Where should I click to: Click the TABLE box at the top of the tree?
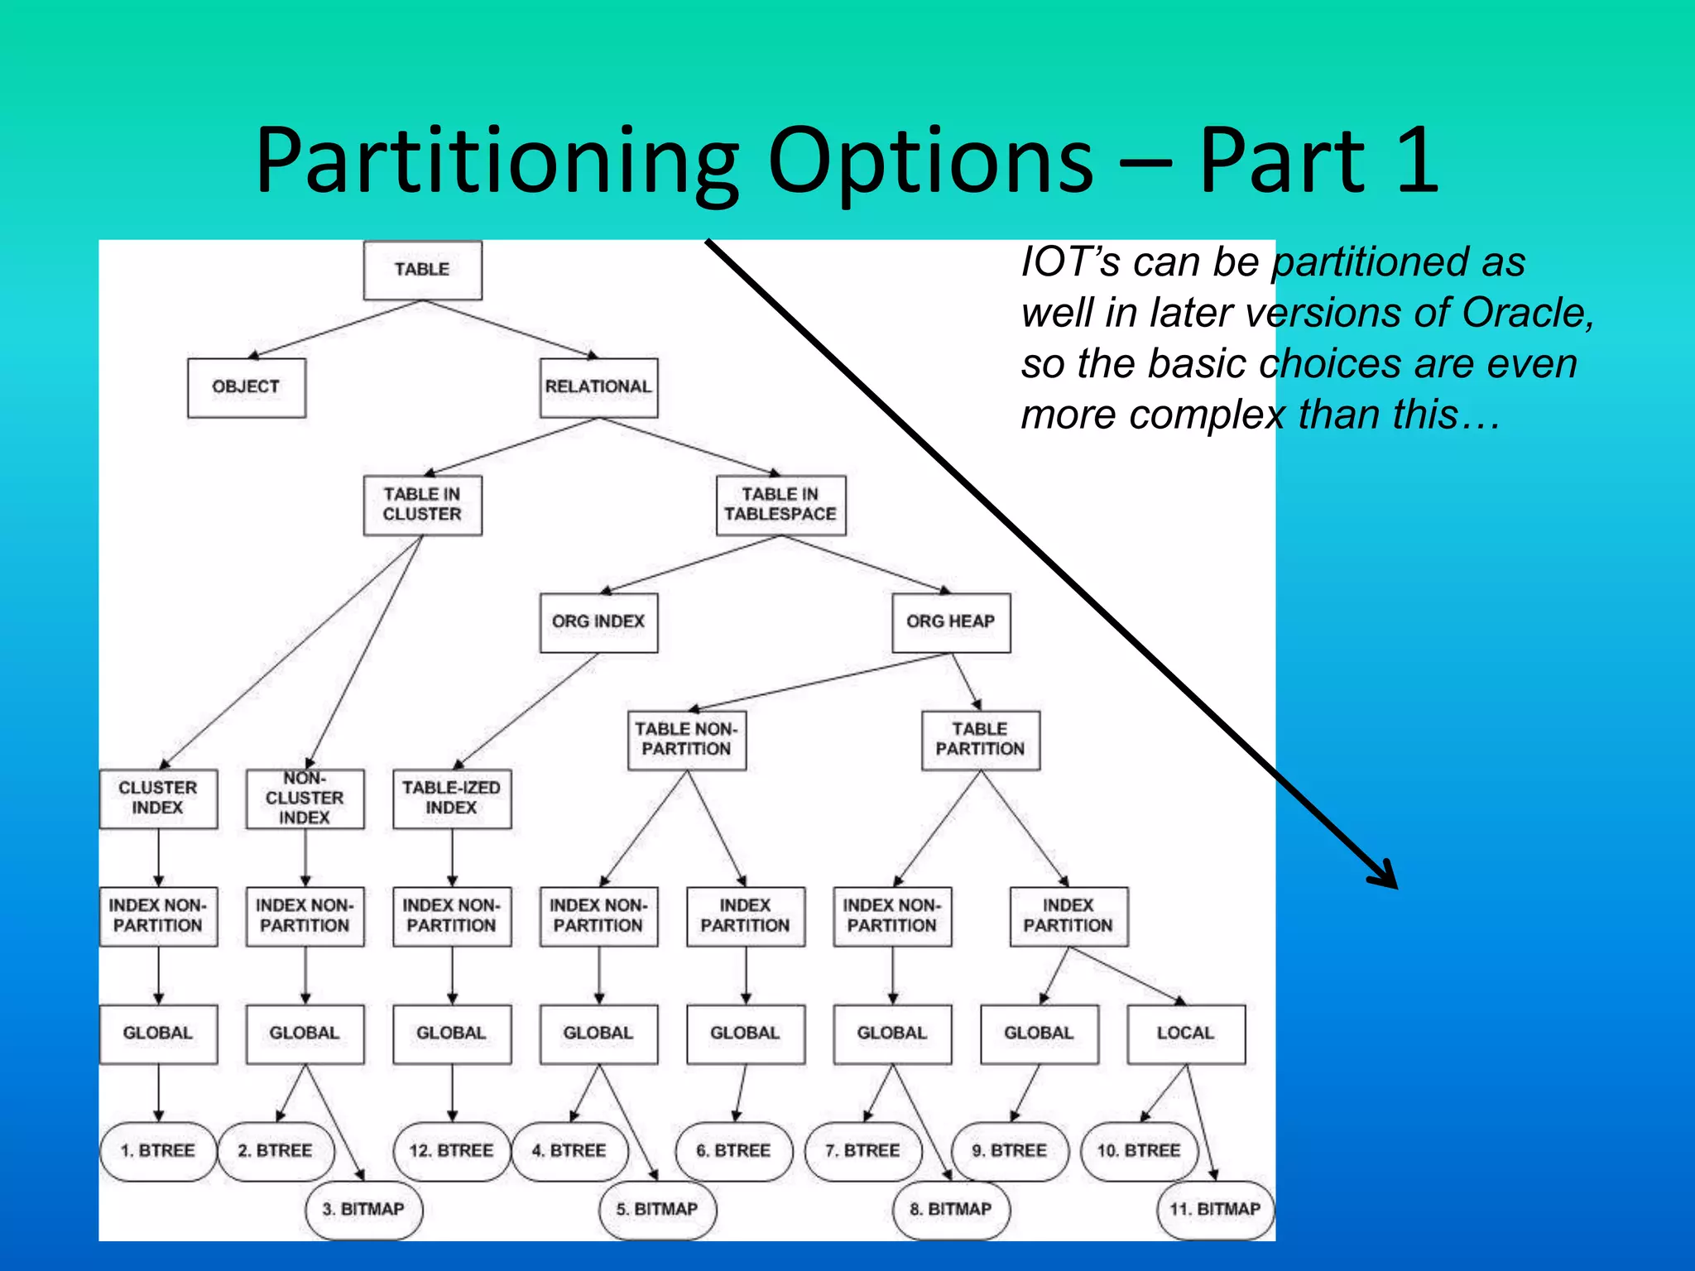coord(422,270)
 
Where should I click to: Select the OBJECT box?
coord(246,387)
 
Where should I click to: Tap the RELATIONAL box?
coord(598,387)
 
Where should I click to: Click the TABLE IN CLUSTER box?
coord(422,505)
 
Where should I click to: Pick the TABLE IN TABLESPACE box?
coord(780,505)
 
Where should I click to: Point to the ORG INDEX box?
coord(598,622)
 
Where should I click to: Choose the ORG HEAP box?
coord(951,622)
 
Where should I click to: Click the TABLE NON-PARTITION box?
coord(686,740)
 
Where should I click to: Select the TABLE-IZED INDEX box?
coord(452,799)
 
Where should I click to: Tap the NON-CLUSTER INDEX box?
coord(305,799)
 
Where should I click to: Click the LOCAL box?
coord(1186,1034)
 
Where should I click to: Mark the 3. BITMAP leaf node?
coord(364,1210)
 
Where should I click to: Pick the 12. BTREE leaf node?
coord(452,1151)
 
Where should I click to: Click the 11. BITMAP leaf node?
coord(1215,1210)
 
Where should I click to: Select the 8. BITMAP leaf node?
coord(952,1210)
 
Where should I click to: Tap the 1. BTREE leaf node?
coord(158,1151)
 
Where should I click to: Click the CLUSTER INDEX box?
coord(158,799)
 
